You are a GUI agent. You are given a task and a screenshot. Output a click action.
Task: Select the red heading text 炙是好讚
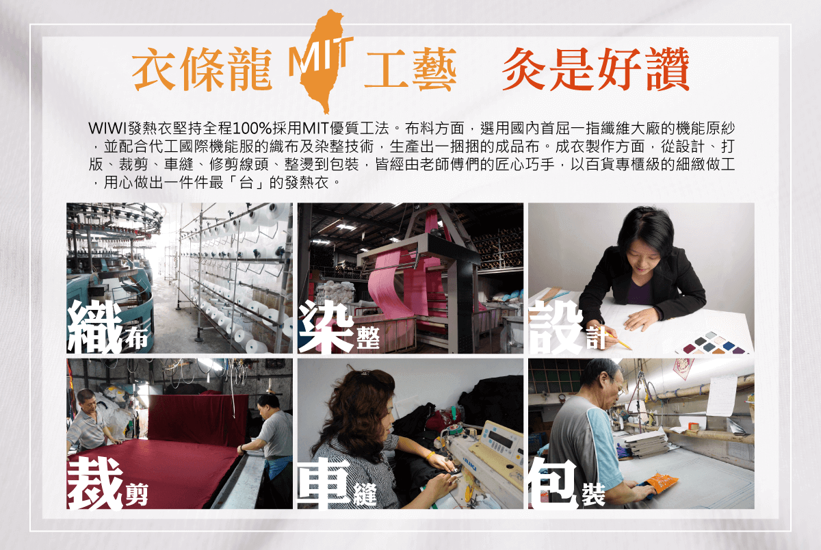tap(596, 69)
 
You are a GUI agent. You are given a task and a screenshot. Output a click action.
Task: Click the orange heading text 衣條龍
tap(202, 69)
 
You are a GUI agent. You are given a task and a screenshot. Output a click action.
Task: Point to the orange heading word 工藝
tap(410, 69)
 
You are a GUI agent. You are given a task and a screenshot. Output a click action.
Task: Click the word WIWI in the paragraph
tap(107, 129)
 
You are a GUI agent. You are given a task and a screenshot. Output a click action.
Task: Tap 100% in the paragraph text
tap(252, 129)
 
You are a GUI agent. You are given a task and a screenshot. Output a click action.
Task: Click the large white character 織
tap(94, 327)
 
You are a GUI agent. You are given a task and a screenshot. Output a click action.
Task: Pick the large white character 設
tap(556, 327)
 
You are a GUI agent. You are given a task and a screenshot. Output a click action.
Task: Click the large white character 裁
tap(95, 484)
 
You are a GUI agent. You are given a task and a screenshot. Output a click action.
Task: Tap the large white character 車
tap(324, 484)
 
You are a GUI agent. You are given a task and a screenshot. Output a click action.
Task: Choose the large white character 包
tap(554, 484)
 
